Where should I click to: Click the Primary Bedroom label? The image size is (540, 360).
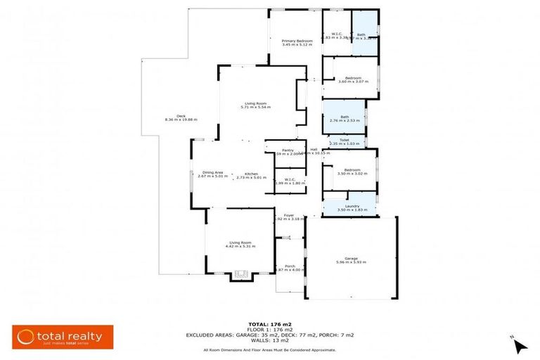[297, 41]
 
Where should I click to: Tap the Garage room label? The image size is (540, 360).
[350, 258]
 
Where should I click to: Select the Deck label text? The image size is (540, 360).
[181, 116]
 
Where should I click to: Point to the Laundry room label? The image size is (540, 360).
[349, 205]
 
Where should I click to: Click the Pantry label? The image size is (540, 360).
[288, 150]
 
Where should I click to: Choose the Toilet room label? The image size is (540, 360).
[344, 140]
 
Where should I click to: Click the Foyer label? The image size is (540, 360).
[288, 215]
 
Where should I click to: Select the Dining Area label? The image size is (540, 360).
[212, 173]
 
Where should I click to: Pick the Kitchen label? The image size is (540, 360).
[251, 173]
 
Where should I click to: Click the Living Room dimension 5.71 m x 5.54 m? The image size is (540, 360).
[255, 107]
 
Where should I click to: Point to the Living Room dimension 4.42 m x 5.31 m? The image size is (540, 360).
[240, 247]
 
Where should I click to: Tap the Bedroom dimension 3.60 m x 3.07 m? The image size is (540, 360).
[349, 82]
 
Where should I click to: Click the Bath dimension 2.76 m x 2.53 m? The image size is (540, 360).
[345, 121]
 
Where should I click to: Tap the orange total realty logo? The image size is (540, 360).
[58, 336]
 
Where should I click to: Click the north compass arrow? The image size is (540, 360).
[520, 345]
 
